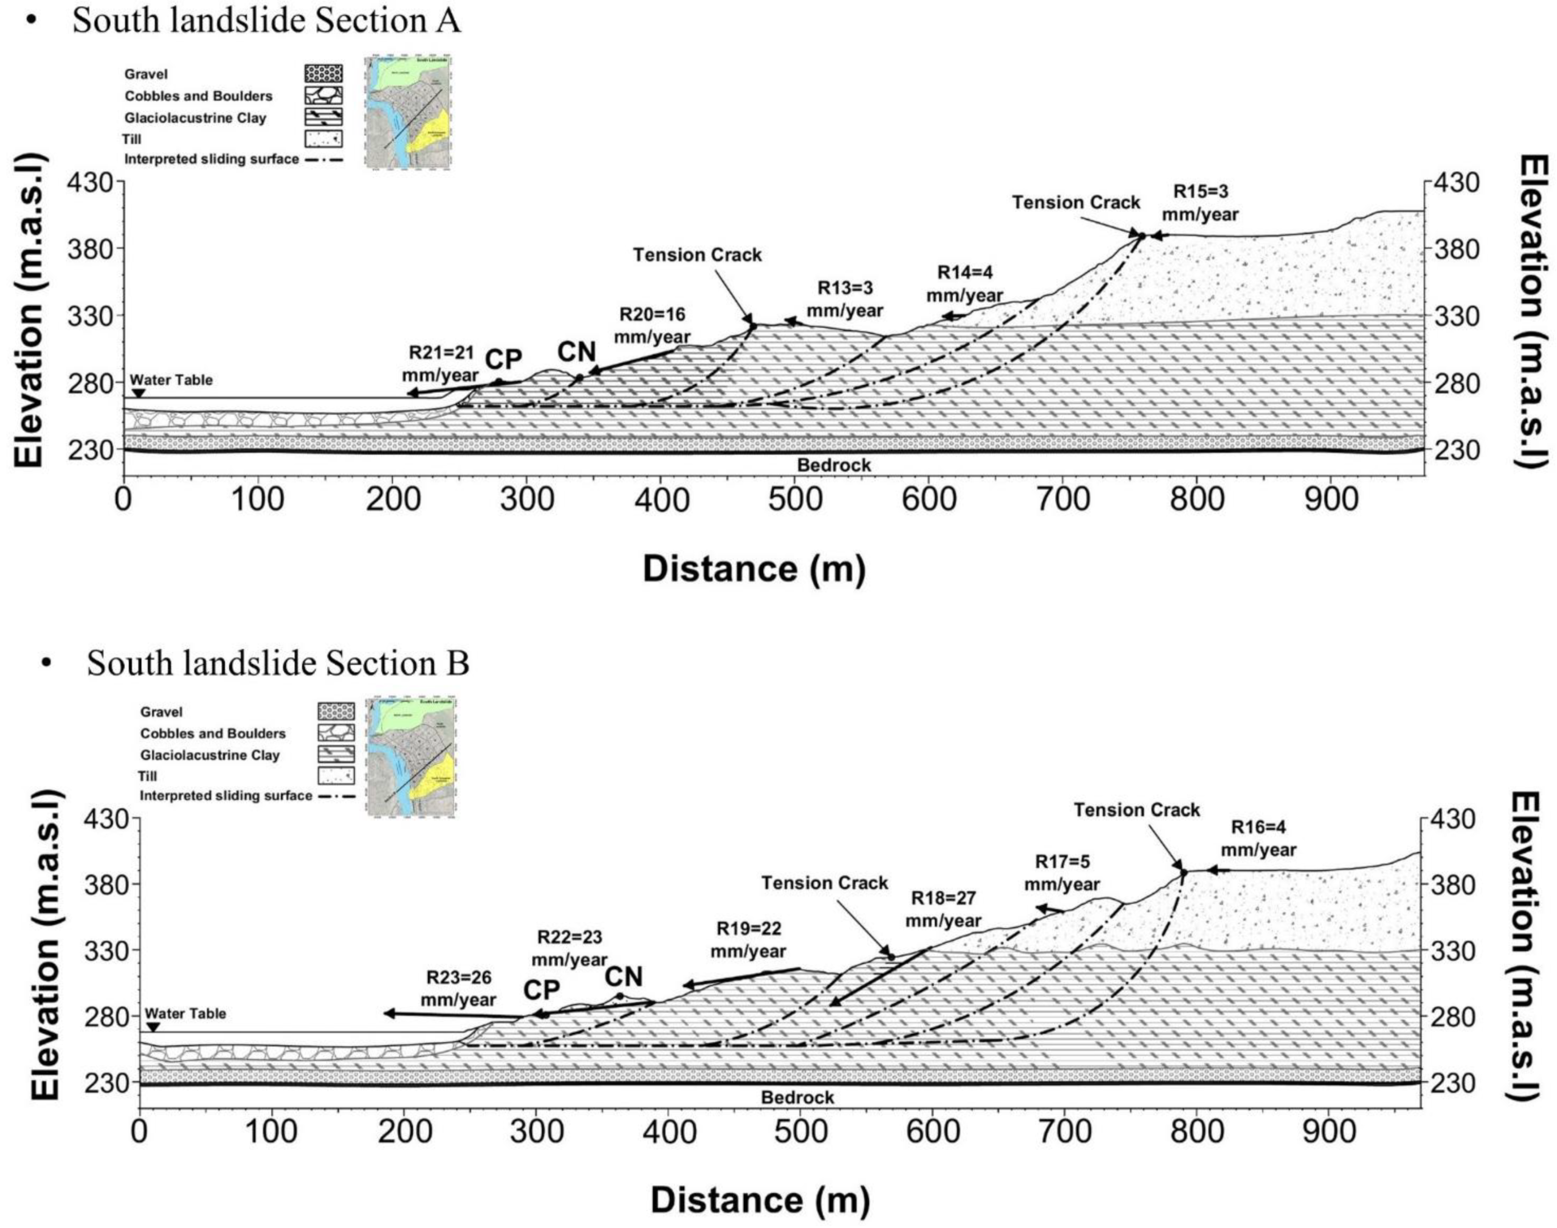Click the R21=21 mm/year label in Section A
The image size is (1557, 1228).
(440, 364)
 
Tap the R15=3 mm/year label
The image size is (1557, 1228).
(1200, 203)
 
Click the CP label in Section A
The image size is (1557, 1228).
(503, 359)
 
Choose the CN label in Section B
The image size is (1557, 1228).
(623, 977)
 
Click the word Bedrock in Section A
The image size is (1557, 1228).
(833, 465)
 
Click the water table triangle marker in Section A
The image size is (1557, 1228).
(139, 393)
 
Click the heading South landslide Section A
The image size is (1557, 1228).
(266, 20)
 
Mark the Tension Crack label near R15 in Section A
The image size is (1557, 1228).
(1076, 203)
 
